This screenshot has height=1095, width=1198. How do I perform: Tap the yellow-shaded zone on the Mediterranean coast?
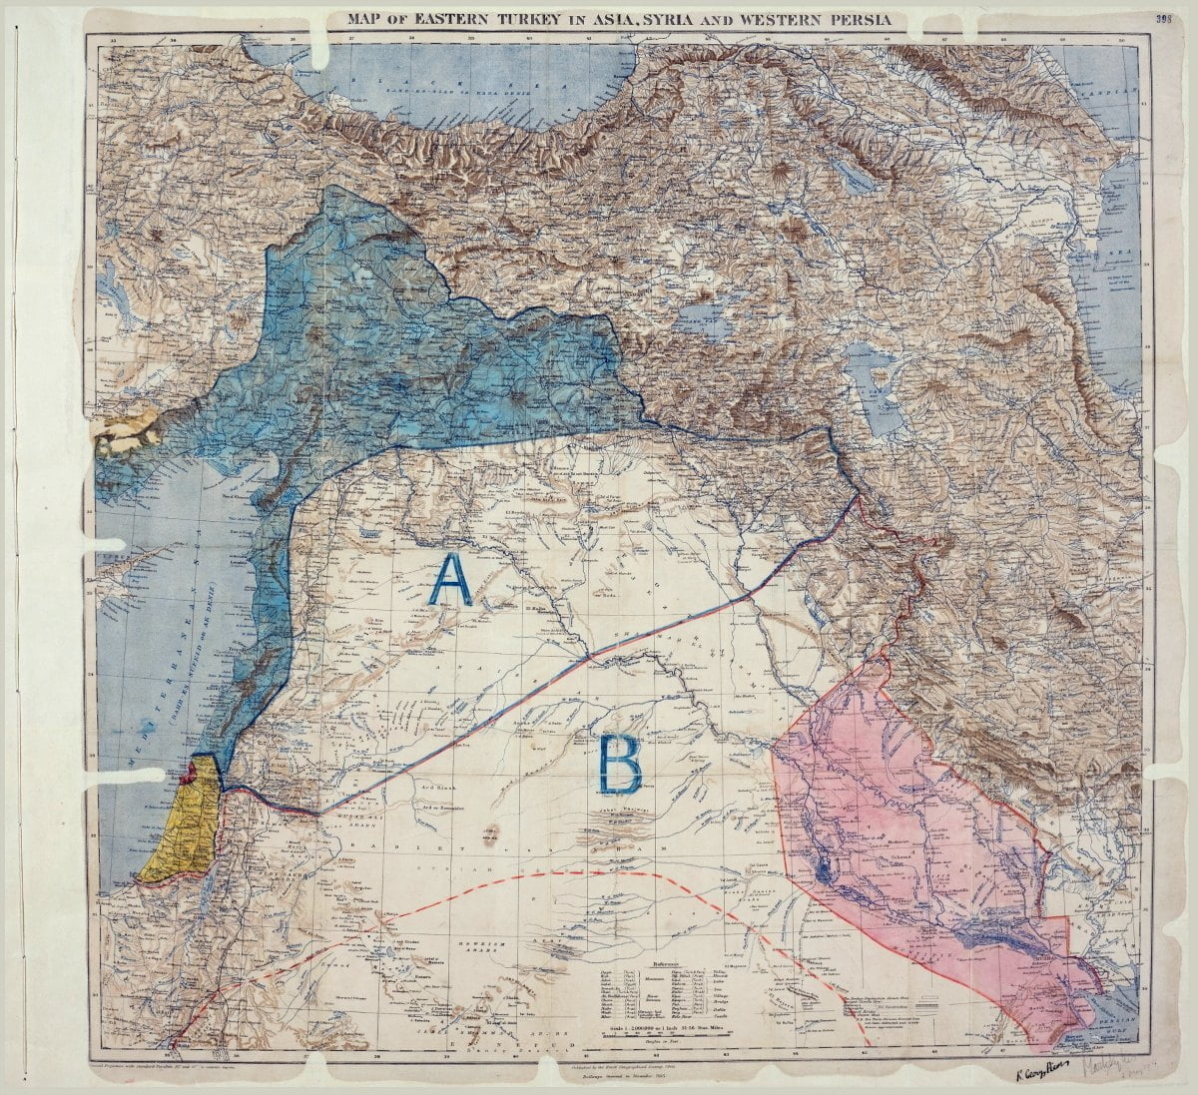click(185, 828)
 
